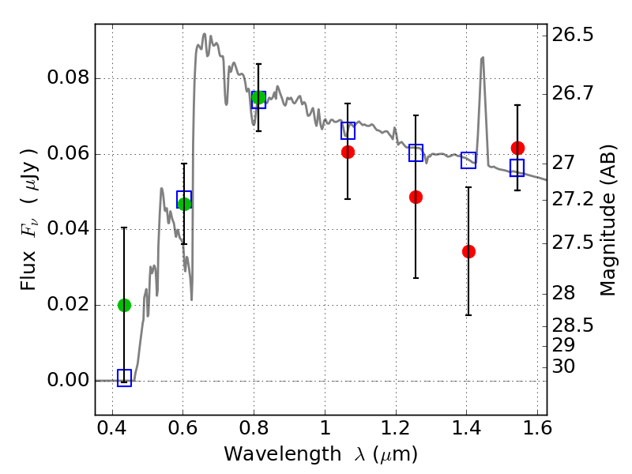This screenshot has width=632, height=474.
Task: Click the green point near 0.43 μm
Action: click(x=124, y=306)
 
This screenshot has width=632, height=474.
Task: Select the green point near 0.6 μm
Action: click(x=184, y=204)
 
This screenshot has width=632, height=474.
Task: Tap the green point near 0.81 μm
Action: click(x=258, y=97)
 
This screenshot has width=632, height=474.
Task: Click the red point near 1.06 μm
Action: click(x=348, y=152)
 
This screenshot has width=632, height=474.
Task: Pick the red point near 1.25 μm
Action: click(x=416, y=197)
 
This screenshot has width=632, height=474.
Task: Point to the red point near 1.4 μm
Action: click(x=468, y=251)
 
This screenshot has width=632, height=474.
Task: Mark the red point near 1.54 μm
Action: click(x=517, y=148)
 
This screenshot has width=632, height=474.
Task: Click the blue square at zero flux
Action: click(x=124, y=378)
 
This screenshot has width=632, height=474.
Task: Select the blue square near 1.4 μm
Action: click(x=468, y=160)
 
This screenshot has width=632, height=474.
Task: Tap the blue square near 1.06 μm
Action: click(x=348, y=130)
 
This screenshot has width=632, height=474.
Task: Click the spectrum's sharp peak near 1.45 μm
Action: click(x=482, y=58)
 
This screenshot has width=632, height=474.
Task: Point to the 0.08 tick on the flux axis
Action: click(x=96, y=78)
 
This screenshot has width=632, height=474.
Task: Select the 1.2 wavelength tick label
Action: click(x=396, y=428)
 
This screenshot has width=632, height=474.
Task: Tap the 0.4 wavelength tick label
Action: click(x=112, y=428)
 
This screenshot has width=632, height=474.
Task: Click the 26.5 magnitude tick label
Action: click(x=572, y=35)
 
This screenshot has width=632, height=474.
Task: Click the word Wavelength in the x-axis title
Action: click(x=283, y=454)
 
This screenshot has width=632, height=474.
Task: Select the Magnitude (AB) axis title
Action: click(x=608, y=220)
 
